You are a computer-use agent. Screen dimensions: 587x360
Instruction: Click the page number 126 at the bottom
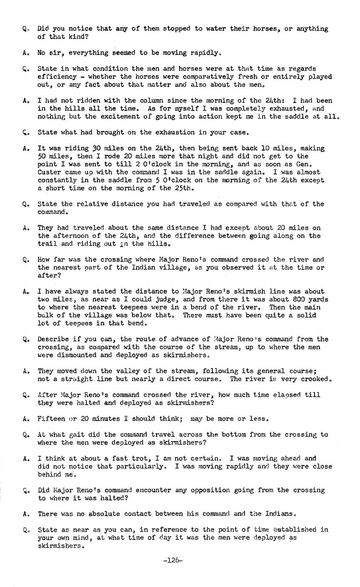click(173, 560)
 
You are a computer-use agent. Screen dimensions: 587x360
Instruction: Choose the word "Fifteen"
click(51, 419)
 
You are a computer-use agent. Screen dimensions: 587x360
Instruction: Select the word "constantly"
click(55, 180)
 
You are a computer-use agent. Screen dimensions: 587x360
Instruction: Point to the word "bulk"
click(45, 315)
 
